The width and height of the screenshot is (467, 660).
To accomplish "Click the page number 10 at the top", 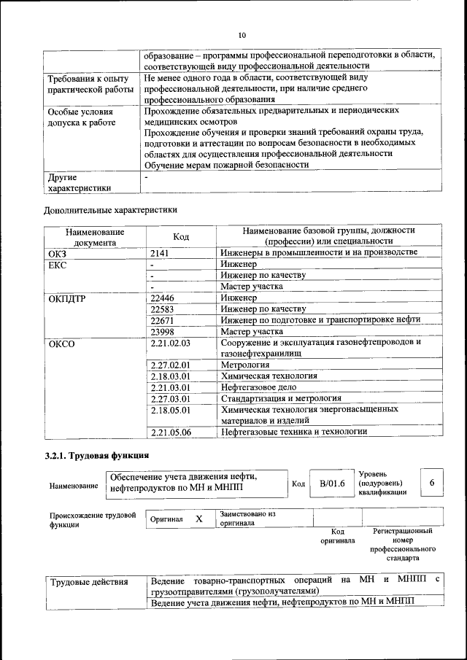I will [242, 34].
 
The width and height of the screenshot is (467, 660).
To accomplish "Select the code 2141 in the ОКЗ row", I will [161, 252].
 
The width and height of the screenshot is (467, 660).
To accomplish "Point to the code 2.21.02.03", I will [169, 342].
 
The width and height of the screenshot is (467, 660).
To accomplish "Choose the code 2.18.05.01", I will [169, 410].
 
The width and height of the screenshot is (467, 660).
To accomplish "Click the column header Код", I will [181, 236].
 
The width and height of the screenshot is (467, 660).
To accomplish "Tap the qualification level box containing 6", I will [433, 483].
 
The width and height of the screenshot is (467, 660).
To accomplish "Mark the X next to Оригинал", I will [198, 519].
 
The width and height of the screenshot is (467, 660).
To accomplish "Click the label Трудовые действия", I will [89, 582].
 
